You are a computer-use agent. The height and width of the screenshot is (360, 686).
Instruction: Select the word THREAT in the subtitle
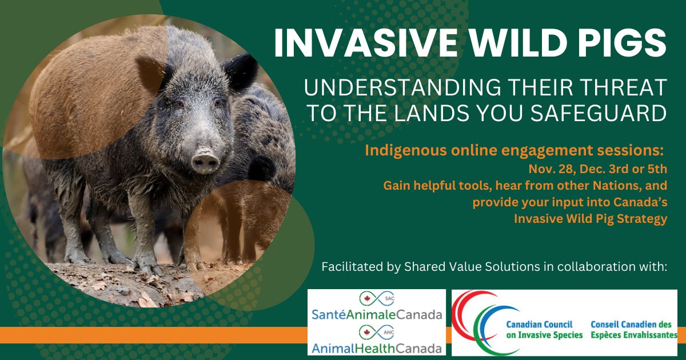pos(620,89)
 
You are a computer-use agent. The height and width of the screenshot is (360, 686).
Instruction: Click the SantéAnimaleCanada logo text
pos(377,314)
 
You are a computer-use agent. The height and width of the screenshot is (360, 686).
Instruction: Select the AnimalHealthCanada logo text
pos(377,347)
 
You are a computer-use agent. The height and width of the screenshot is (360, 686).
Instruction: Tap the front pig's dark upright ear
pos(241,72)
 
